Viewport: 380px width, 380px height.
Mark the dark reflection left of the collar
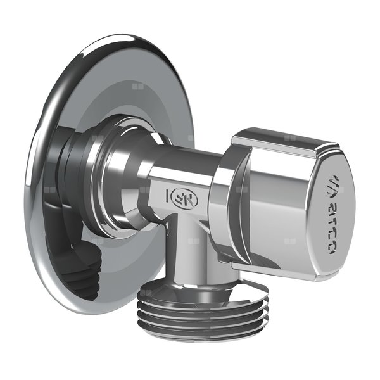click(x=70, y=165)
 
